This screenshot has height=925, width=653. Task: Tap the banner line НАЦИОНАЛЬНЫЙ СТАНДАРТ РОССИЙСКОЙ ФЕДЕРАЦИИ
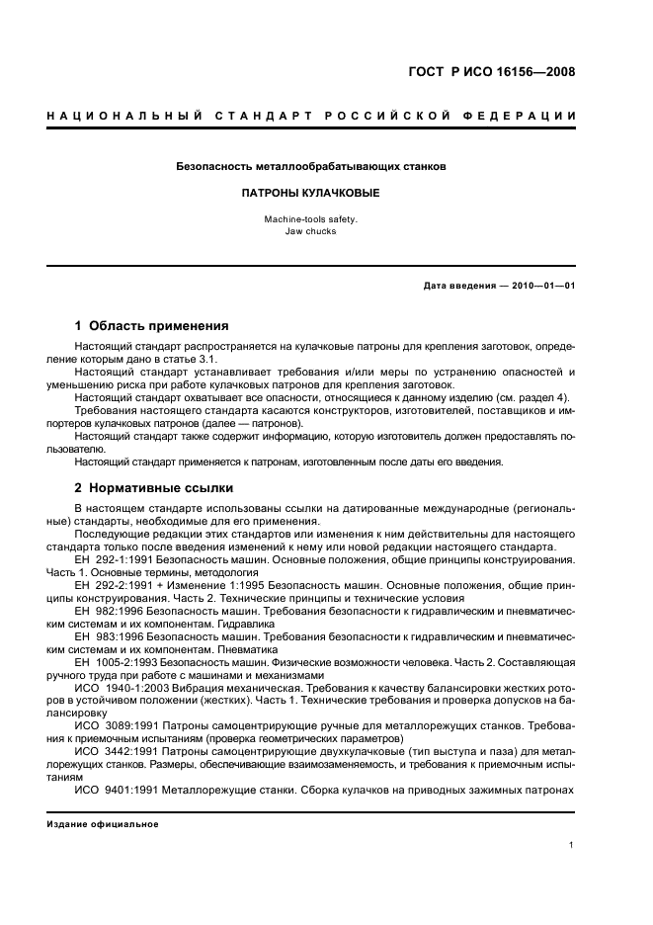(x=311, y=118)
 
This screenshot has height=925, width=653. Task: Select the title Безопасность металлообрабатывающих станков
(x=311, y=167)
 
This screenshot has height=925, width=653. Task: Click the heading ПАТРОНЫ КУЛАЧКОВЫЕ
(x=311, y=194)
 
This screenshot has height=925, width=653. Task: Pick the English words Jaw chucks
(x=311, y=231)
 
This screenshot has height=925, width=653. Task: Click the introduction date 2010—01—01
(x=543, y=286)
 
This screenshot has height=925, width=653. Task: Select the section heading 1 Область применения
(x=152, y=325)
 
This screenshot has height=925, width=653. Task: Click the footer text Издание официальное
(x=103, y=824)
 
